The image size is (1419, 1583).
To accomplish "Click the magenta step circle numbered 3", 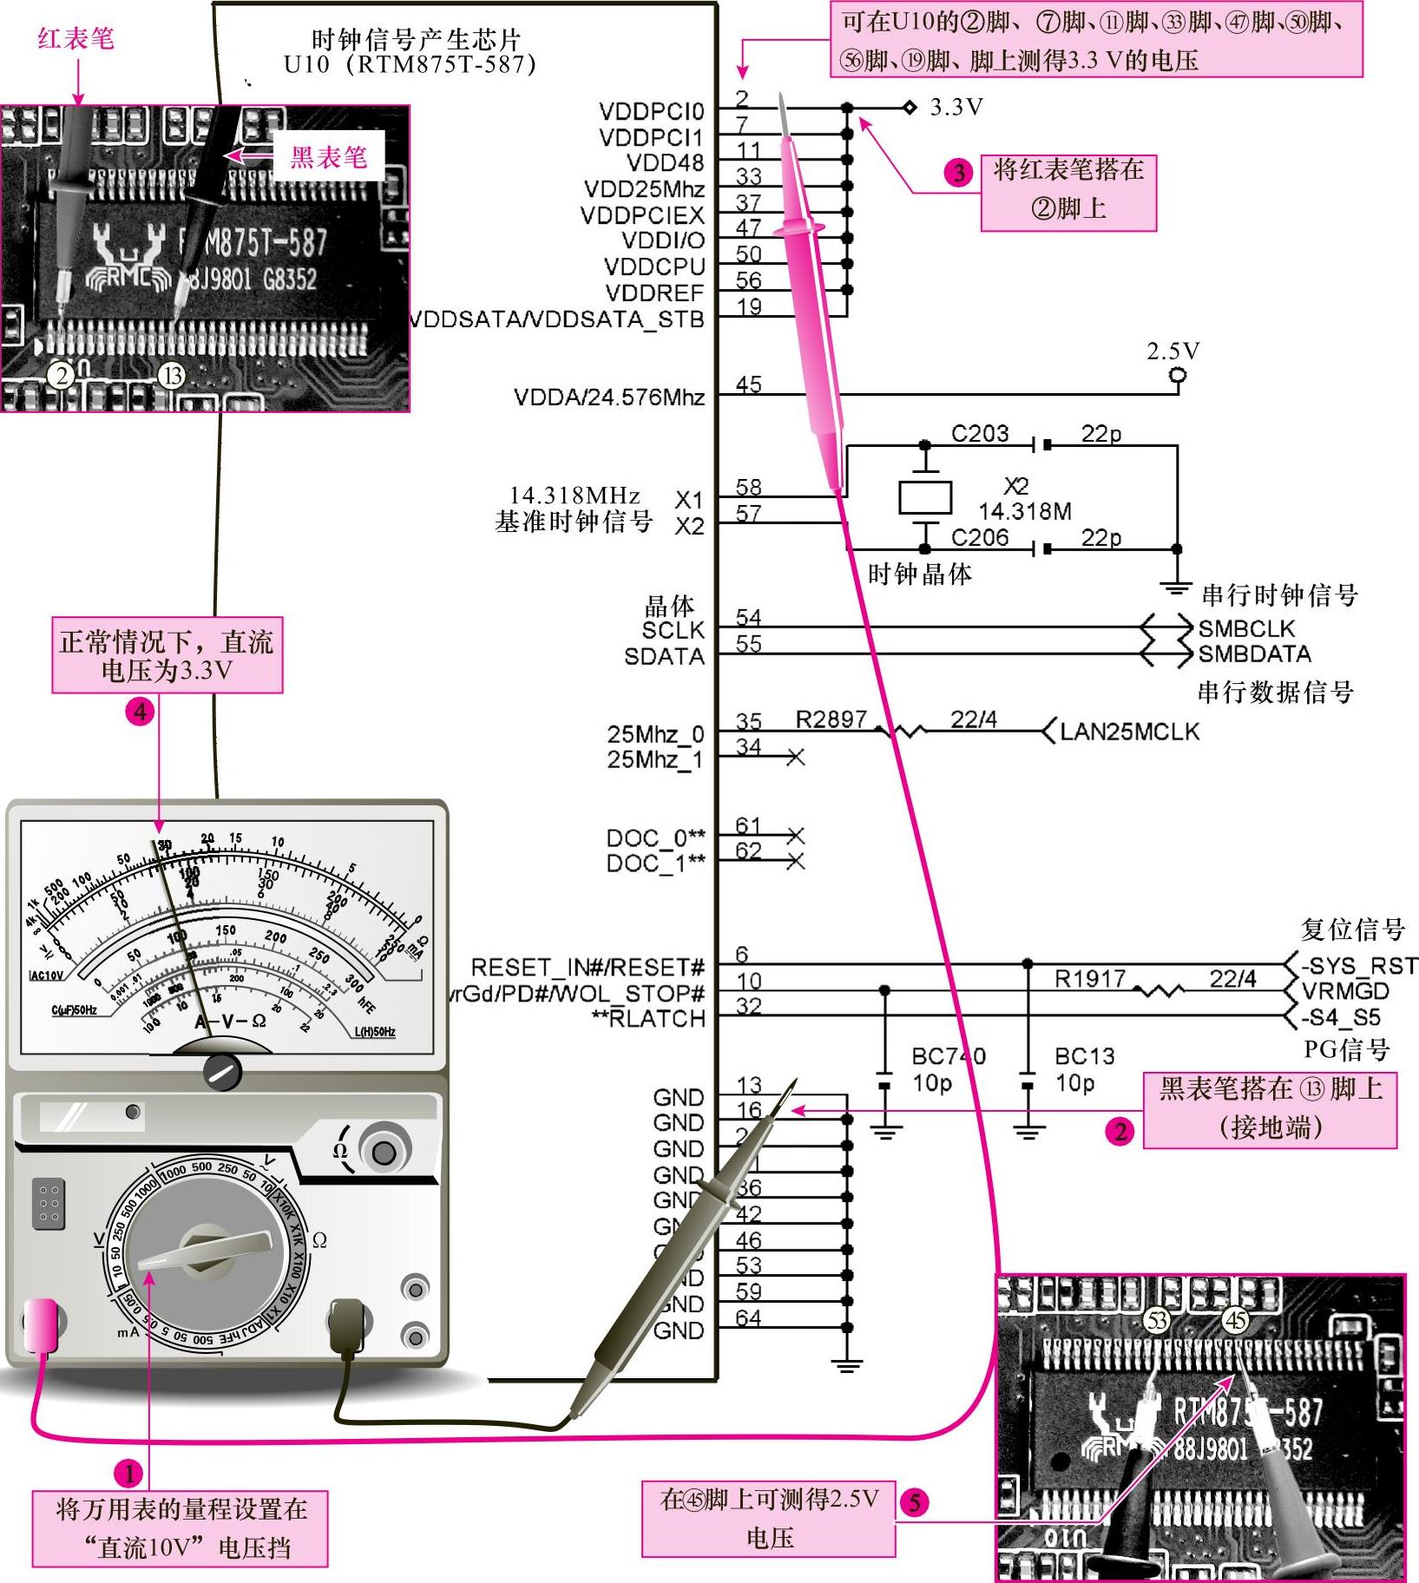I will pos(958,173).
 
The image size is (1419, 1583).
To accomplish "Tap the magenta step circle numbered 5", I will pos(915,1502).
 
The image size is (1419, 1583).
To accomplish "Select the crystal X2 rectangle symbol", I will pos(925,498).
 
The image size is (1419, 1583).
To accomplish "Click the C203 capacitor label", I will pos(979,433).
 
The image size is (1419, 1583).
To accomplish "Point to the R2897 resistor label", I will pos(831,719).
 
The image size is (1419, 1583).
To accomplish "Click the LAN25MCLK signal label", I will pos(1129,732).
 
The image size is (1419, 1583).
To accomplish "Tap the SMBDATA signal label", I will pos(1254,654).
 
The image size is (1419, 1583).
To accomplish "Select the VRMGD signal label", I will pos(1345,991).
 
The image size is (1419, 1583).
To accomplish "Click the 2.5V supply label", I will pos(1173,351).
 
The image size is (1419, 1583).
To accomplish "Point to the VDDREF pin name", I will pos(654,293).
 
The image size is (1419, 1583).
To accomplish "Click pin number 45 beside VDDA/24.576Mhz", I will pos(748,384).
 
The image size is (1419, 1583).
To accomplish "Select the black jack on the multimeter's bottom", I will pos(346,1320).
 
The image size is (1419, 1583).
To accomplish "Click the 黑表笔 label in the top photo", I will pos(328,157).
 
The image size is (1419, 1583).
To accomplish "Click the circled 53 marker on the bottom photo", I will pos(1157,1321).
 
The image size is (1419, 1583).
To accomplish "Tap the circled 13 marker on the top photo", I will pos(173,375).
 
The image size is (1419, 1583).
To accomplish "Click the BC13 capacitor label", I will pos(1084,1056).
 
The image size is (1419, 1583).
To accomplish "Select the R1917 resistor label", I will pos(1089,979).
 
